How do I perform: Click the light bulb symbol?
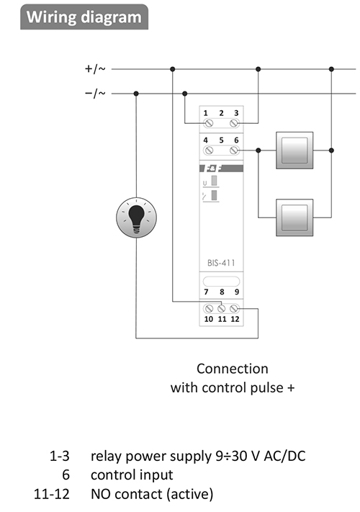(136, 217)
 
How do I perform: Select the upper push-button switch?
(294, 151)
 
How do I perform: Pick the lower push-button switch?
(294, 217)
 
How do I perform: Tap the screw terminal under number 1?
(208, 123)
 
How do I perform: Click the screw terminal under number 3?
(234, 123)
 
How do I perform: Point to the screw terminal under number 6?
(234, 151)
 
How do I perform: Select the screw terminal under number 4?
(208, 151)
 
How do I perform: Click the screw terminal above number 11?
(222, 308)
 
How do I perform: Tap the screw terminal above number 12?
(234, 308)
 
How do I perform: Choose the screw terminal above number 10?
(209, 308)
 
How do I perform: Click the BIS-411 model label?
(221, 263)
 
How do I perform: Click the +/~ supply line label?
(95, 69)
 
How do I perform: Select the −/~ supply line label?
(95, 94)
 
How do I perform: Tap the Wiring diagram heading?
(84, 17)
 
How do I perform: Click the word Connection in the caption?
(233, 369)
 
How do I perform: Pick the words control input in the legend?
(132, 475)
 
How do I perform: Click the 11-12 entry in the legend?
(52, 494)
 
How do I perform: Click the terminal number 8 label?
(222, 292)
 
